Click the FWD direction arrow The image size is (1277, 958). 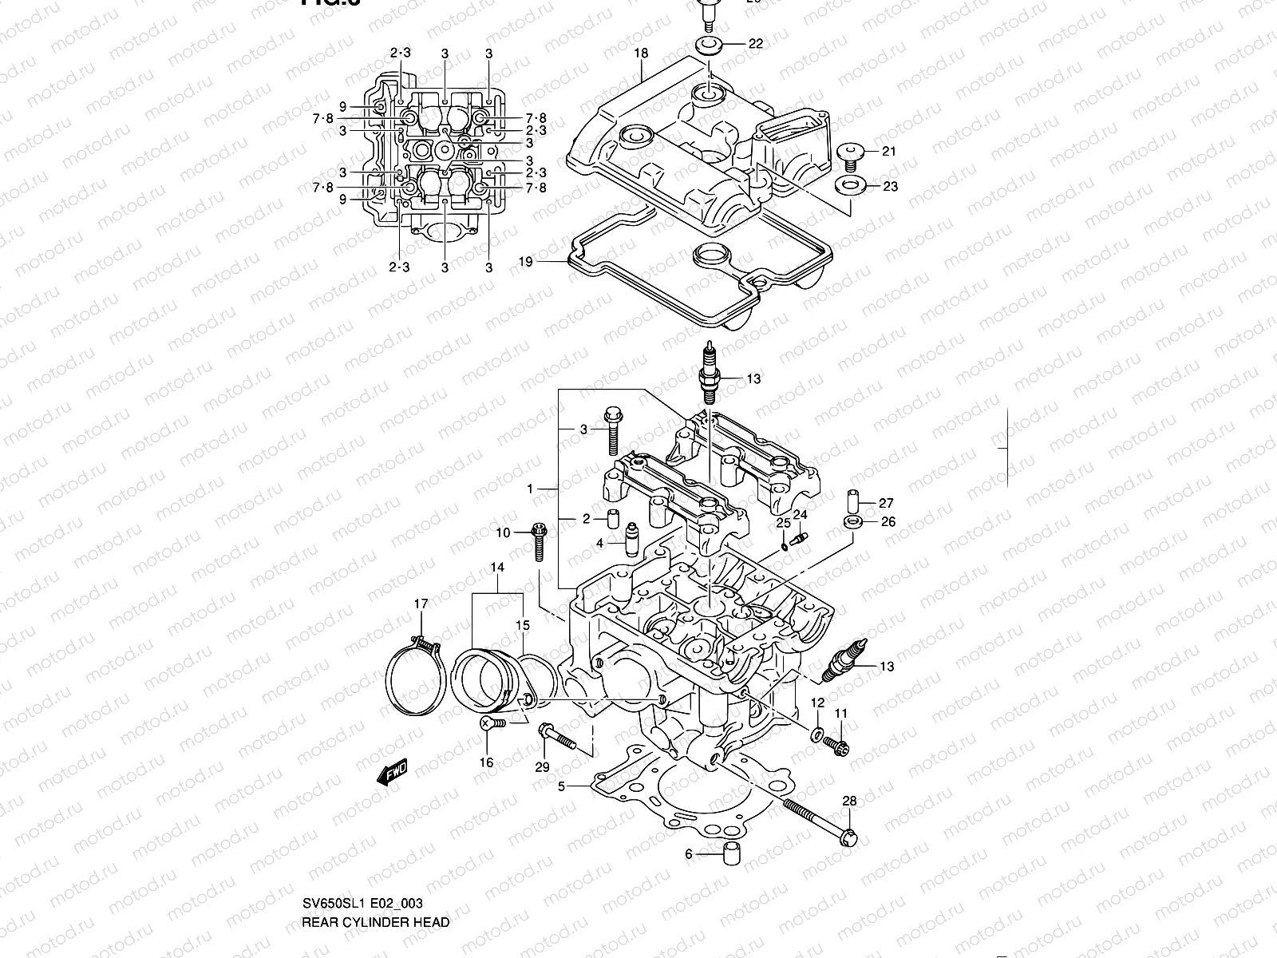click(x=393, y=773)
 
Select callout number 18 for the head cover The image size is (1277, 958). click(x=641, y=53)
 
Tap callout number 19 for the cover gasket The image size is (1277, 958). click(x=524, y=261)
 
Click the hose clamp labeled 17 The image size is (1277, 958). click(x=415, y=679)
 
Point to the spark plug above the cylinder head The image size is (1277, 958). click(x=707, y=374)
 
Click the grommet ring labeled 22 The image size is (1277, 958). click(x=706, y=44)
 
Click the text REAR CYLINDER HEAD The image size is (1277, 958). click(x=375, y=922)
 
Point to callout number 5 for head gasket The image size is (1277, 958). click(x=561, y=786)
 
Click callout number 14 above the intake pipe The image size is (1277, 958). click(x=497, y=568)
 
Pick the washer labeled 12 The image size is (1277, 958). click(x=818, y=734)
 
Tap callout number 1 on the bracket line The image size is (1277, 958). click(x=529, y=487)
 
